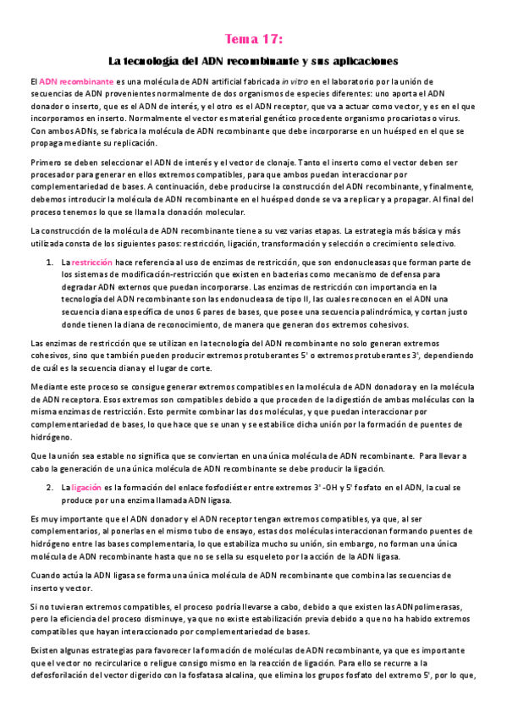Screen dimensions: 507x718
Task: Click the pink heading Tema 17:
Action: tap(253, 39)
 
